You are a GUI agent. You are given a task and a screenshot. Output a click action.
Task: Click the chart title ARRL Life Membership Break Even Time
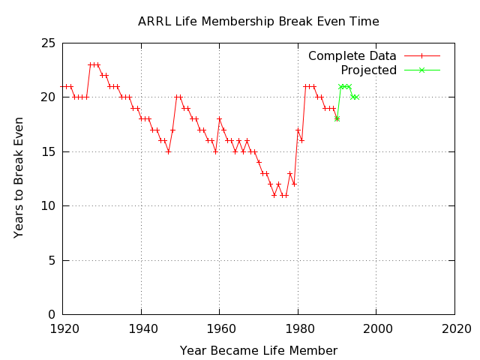pyautogui.click(x=258, y=22)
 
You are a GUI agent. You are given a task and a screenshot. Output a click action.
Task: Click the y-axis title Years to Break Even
pyautogui.click(x=19, y=178)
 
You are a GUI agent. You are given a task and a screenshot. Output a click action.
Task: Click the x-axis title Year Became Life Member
pyautogui.click(x=258, y=351)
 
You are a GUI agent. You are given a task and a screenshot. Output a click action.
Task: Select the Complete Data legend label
pyautogui.click(x=352, y=56)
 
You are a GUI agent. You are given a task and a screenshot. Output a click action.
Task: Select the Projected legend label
pyautogui.click(x=368, y=70)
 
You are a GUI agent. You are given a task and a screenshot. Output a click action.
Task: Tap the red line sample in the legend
pyautogui.click(x=421, y=56)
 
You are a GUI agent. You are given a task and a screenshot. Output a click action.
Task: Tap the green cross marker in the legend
pyautogui.click(x=421, y=70)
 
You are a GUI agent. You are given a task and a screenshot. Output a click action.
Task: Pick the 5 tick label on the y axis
pyautogui.click(x=52, y=261)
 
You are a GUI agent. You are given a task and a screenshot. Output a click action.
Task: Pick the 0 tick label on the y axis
pyautogui.click(x=52, y=315)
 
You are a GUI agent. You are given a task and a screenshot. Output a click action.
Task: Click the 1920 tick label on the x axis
pyautogui.click(x=64, y=328)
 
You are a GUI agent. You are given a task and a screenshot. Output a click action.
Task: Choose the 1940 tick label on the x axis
pyautogui.click(x=142, y=328)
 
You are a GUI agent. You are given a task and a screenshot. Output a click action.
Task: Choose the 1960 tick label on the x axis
pyautogui.click(x=220, y=328)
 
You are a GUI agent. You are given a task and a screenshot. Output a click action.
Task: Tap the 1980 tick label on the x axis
pyautogui.click(x=298, y=328)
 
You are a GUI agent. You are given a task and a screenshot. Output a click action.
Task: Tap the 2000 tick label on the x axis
pyautogui.click(x=376, y=328)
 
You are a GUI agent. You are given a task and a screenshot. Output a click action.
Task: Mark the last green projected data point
pyautogui.click(x=357, y=97)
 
